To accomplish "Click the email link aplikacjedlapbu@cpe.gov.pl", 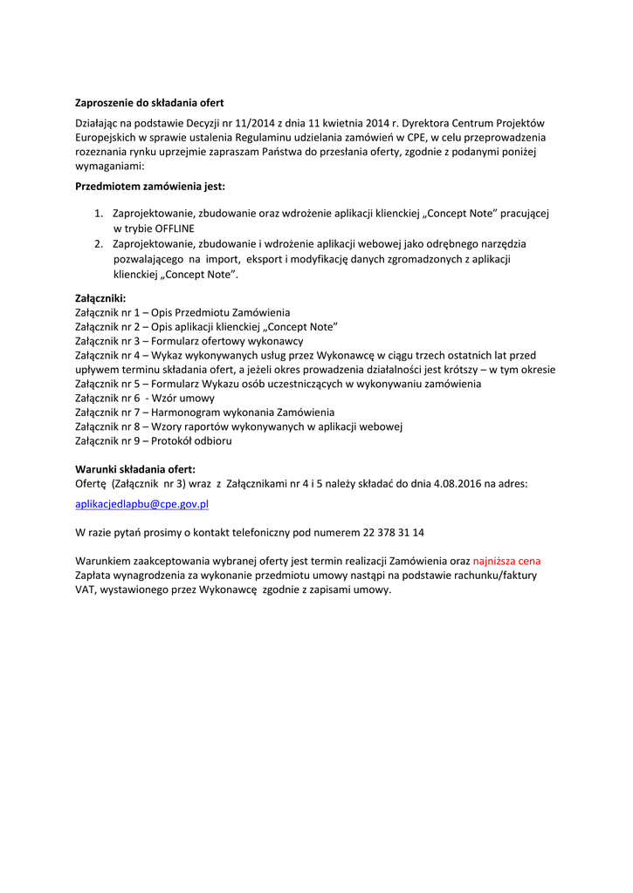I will click(141, 504).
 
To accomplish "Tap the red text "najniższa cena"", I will click(513, 561).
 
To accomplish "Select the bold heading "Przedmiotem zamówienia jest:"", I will click(150, 187).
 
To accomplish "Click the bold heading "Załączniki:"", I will click(100, 298).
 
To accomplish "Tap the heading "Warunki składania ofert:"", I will click(135, 469).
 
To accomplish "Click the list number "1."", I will click(100, 214).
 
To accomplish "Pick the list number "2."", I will click(100, 244).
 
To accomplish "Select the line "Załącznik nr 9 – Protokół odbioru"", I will click(153, 440).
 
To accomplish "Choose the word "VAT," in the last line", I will click(86, 590).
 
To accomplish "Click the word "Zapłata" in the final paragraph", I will click(93, 576).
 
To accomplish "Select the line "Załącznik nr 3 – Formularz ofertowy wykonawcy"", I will click(189, 341).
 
